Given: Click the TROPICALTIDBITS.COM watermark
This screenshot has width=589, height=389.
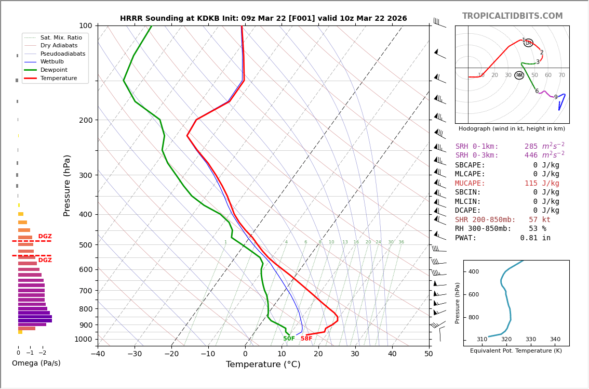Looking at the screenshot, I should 512,16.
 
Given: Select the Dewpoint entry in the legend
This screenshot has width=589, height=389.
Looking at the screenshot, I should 53,70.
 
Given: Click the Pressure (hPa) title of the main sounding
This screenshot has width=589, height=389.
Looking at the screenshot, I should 67,185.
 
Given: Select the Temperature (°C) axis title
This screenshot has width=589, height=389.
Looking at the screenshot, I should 263,365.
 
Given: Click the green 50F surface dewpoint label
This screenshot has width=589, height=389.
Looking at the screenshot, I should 289,339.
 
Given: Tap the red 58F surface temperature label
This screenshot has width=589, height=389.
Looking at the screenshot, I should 306,339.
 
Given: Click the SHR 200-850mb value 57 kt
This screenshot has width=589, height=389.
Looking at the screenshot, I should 539,220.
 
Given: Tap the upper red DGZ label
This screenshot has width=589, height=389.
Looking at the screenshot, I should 45,237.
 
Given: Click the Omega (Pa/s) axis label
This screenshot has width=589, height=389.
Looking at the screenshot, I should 36,364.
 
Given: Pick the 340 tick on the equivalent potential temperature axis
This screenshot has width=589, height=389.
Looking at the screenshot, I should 555,340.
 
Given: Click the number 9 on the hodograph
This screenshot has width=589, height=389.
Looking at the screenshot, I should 555,97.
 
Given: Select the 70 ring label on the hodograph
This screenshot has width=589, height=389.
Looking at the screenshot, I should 561,75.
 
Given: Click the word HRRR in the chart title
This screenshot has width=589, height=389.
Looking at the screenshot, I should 131,19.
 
